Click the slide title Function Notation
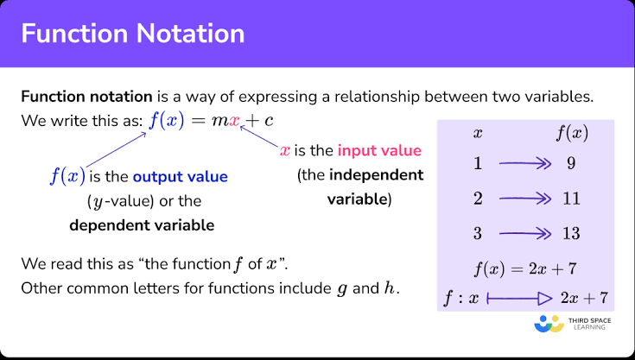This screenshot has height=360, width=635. [x=133, y=33]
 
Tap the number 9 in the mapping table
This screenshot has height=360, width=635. [x=571, y=163]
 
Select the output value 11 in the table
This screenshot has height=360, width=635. [x=571, y=199]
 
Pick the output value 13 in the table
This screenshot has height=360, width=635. [x=571, y=233]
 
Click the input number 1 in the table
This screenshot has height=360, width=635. [x=478, y=163]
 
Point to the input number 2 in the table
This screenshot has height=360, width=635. [x=478, y=199]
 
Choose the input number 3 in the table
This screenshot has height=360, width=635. [x=478, y=233]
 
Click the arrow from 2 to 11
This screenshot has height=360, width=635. [x=525, y=199]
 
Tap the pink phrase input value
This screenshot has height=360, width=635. [x=379, y=150]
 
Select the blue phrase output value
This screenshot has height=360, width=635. [x=181, y=177]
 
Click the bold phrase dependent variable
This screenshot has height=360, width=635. [x=142, y=225]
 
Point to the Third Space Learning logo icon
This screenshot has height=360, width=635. [x=549, y=323]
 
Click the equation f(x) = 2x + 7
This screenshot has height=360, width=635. [x=525, y=268]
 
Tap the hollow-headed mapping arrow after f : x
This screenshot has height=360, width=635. [x=519, y=299]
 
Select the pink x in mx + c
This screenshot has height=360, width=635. [x=234, y=121]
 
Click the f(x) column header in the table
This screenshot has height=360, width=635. [x=571, y=133]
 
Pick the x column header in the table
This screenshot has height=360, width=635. [x=478, y=134]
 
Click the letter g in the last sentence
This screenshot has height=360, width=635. [x=342, y=289]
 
